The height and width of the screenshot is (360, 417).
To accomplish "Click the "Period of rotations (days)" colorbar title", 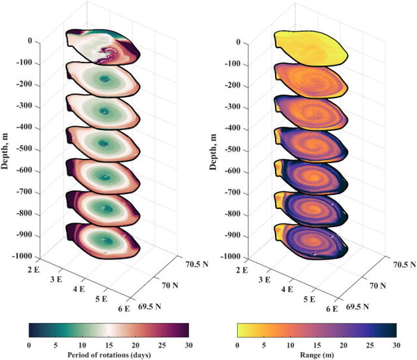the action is tap(109, 355).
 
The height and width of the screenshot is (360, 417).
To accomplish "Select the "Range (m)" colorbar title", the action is tap(317, 355).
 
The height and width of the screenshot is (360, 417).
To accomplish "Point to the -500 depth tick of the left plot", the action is tap(24, 148).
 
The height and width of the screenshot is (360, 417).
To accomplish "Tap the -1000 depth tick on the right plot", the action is tap(231, 256).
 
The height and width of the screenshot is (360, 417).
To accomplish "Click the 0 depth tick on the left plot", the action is tap(30, 41).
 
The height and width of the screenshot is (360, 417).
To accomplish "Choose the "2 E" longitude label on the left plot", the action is tap(33, 270).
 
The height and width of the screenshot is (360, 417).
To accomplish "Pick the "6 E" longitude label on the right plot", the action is tap(332, 309).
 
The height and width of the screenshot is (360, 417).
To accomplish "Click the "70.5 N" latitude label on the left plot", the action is tap(197, 264).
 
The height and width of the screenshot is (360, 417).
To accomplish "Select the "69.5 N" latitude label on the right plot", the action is tap(358, 307).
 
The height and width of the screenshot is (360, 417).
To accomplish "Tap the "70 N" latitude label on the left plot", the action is tap(170, 285).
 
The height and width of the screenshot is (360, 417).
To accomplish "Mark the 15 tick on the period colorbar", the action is tap(109, 346).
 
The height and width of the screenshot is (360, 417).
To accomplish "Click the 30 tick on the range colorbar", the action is tap(396, 346).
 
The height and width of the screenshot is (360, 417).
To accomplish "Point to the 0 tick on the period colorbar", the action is tap(29, 346).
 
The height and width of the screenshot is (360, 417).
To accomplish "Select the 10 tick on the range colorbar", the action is tap(290, 346).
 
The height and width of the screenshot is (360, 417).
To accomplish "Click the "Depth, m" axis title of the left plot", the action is tap(5, 152).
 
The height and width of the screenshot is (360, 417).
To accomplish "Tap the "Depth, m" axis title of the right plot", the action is tap(213, 152).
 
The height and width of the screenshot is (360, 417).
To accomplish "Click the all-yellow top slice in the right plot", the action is tap(311, 48).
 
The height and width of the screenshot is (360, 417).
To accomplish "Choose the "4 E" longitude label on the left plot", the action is tap(79, 289).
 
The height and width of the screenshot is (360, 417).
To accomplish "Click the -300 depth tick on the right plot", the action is tap(233, 107).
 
